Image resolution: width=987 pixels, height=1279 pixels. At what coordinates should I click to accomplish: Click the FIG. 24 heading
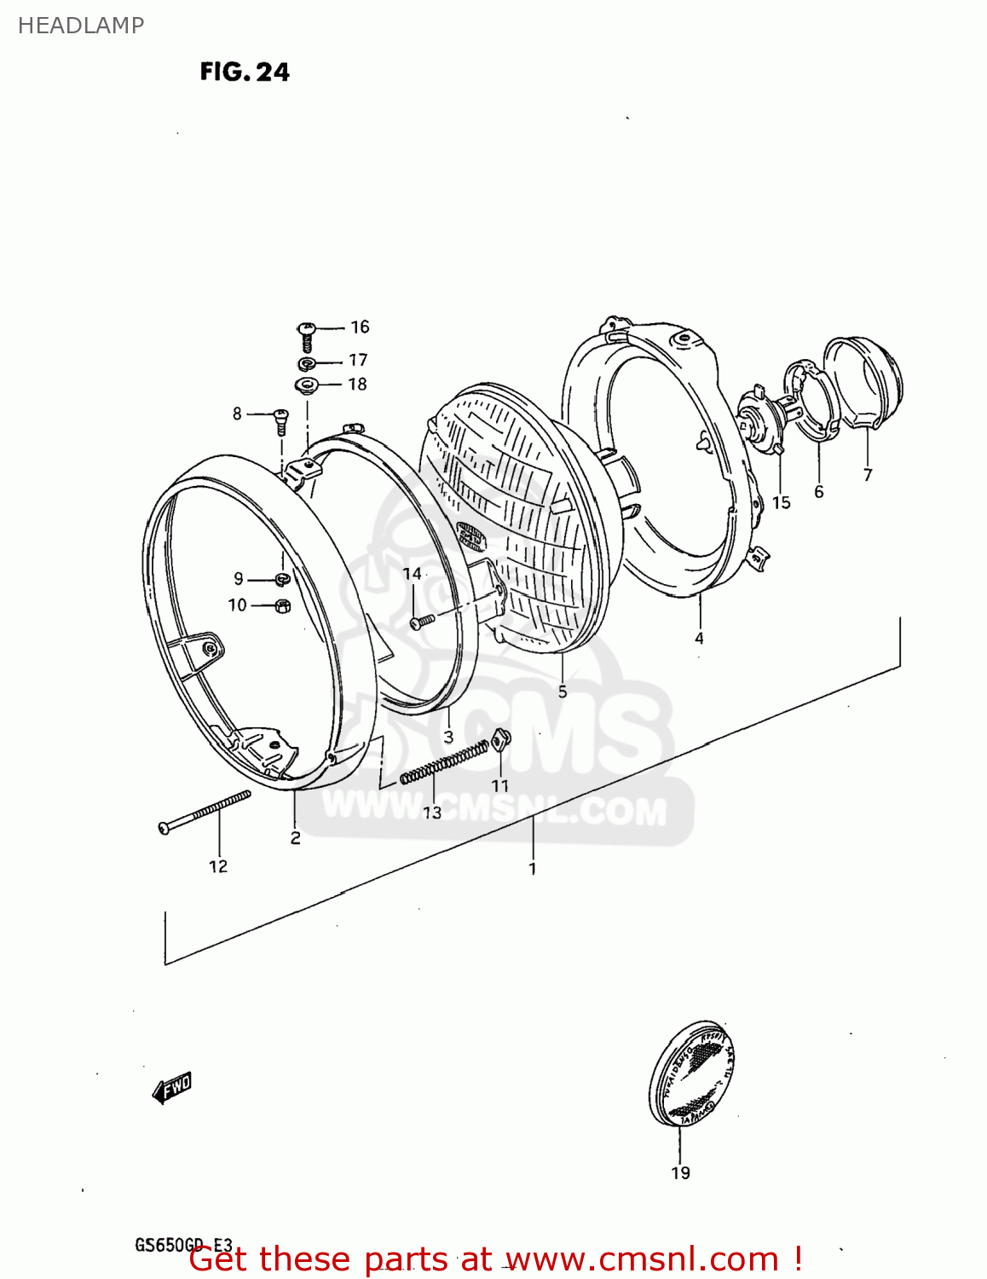tap(245, 72)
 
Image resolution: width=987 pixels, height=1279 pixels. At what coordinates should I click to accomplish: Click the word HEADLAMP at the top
tap(81, 26)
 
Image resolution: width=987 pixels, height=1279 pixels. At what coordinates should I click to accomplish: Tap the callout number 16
tap(360, 327)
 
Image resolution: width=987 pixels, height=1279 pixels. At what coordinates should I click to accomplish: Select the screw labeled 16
tap(307, 335)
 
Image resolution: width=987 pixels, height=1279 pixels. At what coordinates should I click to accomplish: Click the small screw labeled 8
tap(280, 420)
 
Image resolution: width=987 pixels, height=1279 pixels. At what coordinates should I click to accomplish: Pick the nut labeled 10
tap(283, 605)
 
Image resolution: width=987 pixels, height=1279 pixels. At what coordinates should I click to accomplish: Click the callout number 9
tap(239, 578)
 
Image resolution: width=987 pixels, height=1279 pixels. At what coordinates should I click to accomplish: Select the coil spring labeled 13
tap(444, 761)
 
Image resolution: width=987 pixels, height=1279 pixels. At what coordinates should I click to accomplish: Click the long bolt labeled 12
tap(205, 811)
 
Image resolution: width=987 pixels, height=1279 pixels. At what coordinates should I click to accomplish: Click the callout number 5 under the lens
tap(563, 691)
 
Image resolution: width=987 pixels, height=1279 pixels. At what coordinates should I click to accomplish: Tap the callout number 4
tap(699, 638)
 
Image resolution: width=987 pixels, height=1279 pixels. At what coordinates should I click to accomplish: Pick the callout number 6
tap(819, 492)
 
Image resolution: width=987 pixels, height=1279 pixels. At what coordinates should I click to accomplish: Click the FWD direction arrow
tap(171, 1088)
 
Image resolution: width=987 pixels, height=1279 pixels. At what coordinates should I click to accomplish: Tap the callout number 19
tap(680, 1173)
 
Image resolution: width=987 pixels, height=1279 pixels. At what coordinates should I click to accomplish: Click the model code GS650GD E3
tap(183, 1246)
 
